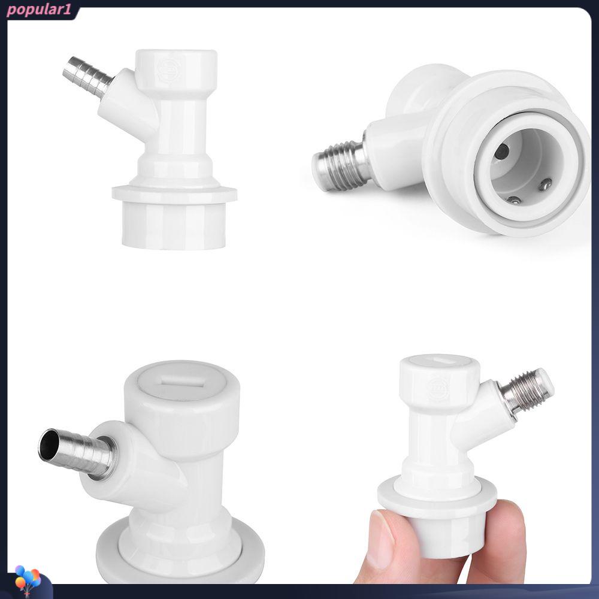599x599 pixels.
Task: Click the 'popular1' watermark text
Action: [38, 10]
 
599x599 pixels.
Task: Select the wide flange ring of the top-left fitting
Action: [174, 193]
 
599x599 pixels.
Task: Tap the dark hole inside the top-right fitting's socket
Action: [501, 152]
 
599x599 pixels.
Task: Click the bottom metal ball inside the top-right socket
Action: [514, 200]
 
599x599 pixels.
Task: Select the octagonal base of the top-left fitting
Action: [174, 225]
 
